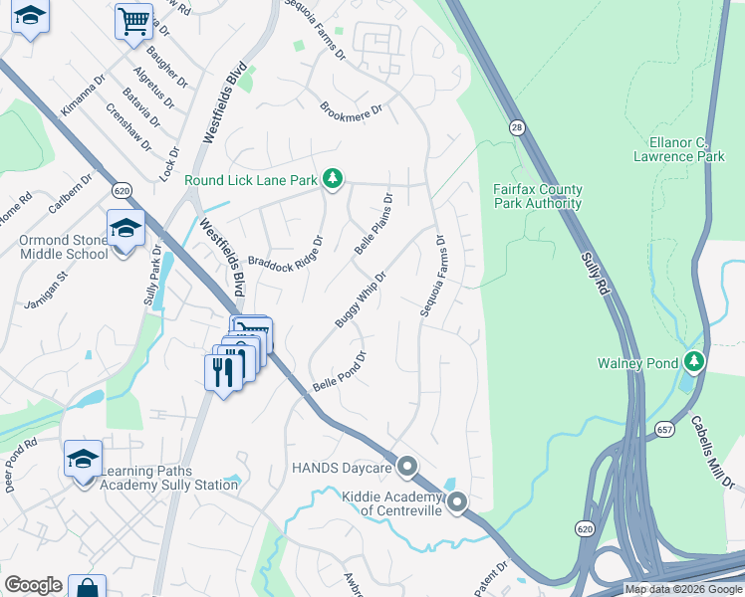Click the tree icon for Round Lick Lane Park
(x=333, y=179)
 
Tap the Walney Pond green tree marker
(x=695, y=362)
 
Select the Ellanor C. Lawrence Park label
(x=686, y=150)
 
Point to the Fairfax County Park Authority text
(x=538, y=196)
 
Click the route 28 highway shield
(x=517, y=127)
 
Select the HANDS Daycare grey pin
(x=406, y=466)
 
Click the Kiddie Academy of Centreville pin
(x=457, y=502)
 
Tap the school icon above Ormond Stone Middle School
(x=125, y=230)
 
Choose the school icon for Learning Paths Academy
(x=84, y=458)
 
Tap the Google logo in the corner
(x=33, y=585)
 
